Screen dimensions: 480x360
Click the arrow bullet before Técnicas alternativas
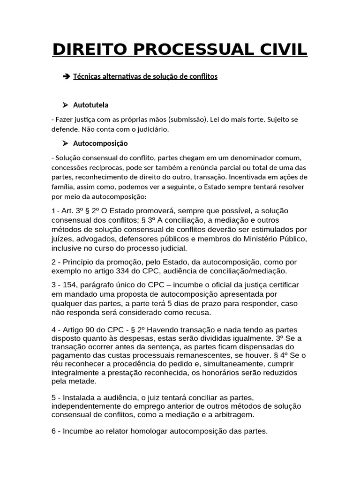point(65,76)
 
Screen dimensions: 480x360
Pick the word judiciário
point(151,129)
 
